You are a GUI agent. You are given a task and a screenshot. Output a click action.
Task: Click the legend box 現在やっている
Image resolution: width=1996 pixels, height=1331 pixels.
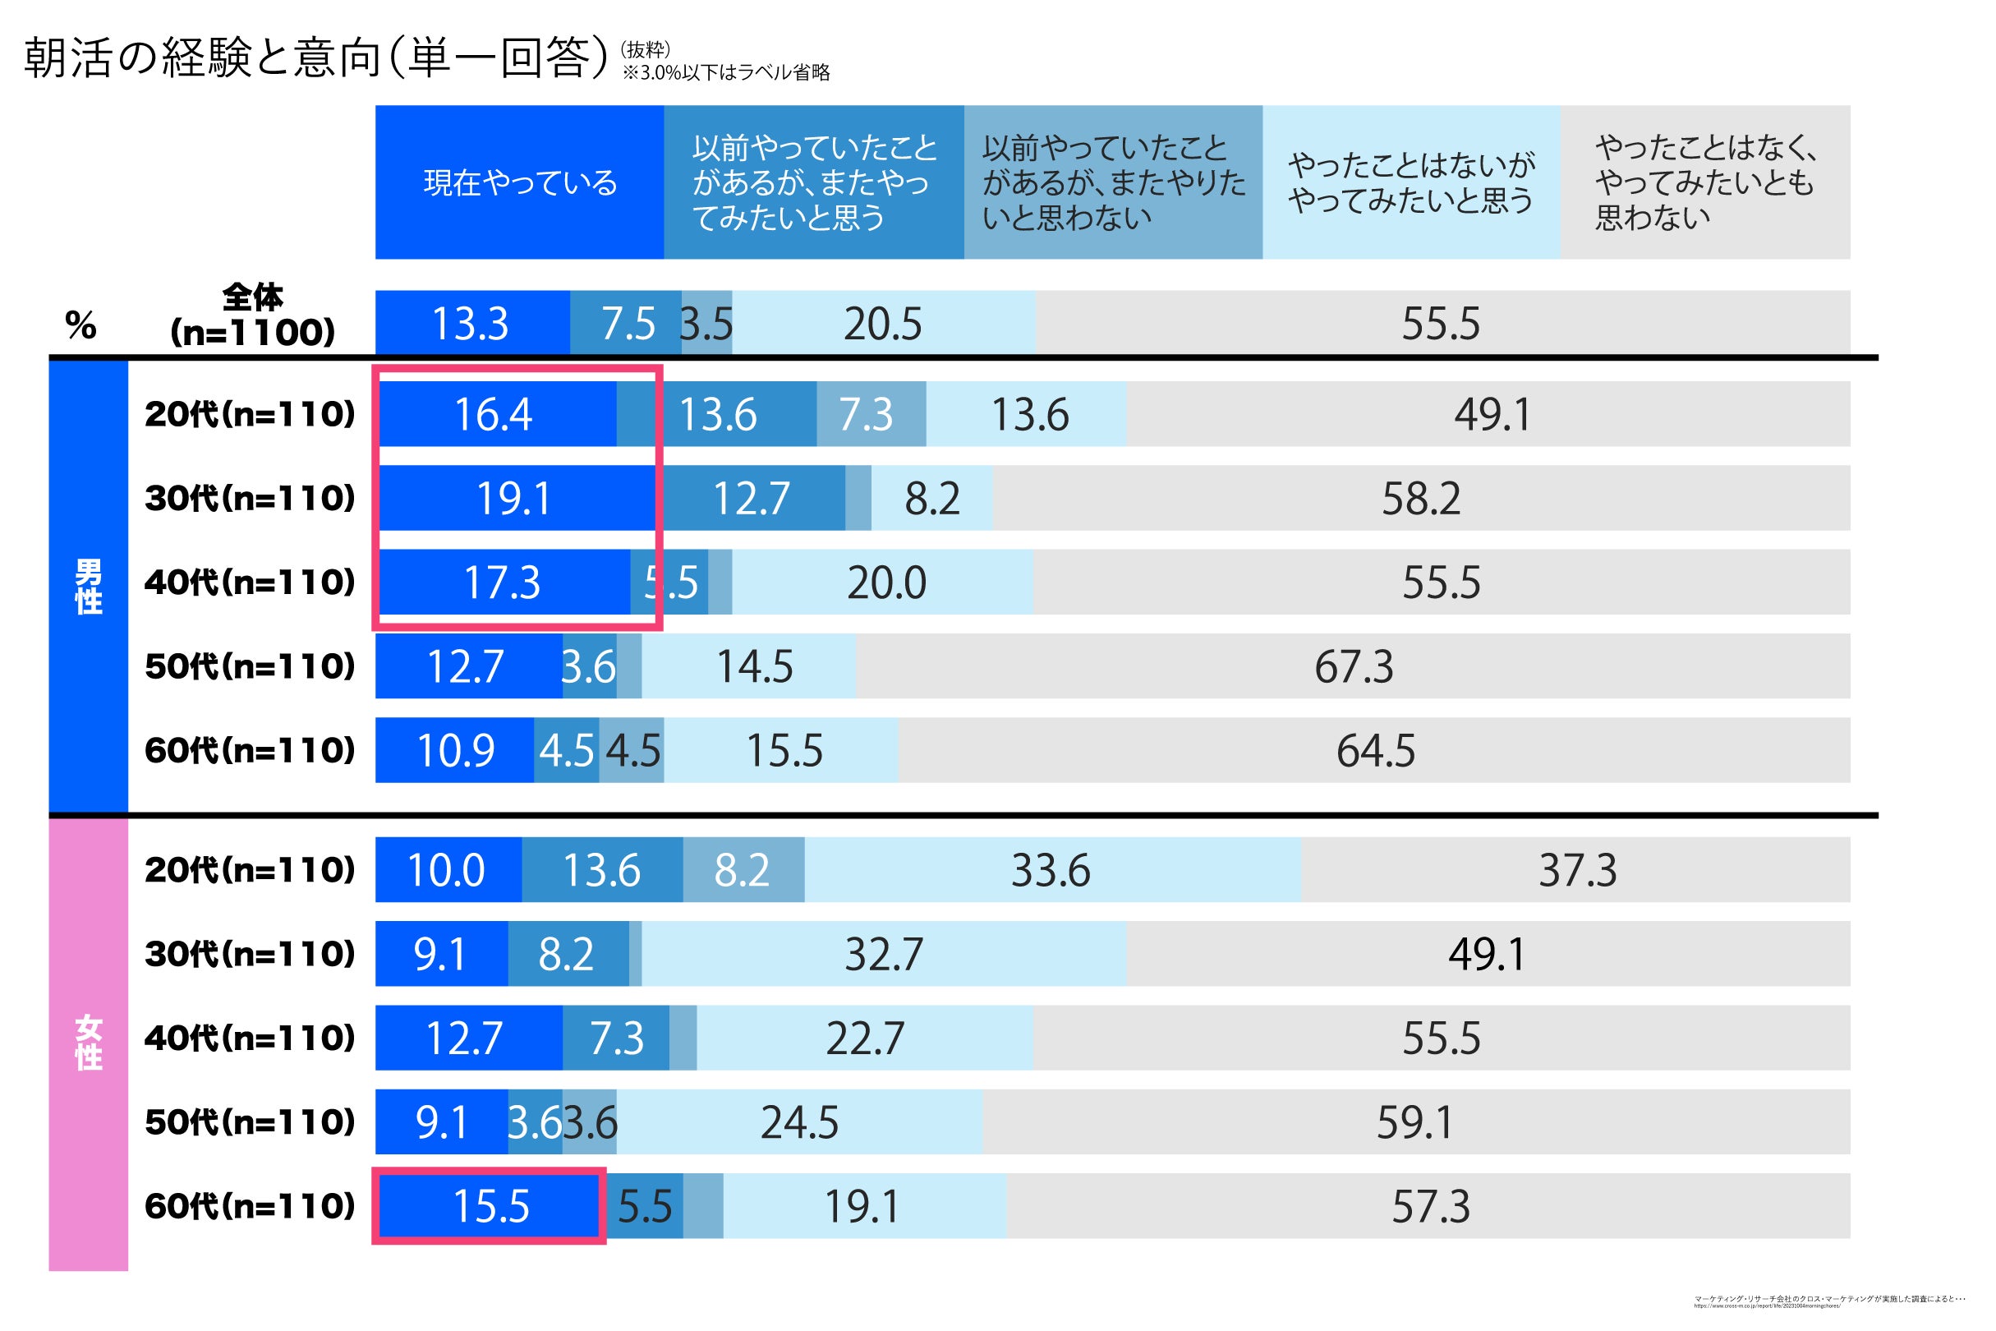(x=519, y=182)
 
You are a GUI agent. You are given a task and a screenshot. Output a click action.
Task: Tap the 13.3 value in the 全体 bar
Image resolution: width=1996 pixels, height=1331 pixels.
(x=470, y=324)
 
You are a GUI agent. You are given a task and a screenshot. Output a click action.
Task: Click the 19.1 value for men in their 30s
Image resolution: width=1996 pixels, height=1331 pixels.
(x=514, y=498)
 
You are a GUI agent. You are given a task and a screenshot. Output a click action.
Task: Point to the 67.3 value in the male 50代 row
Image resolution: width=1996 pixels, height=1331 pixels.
(x=1354, y=666)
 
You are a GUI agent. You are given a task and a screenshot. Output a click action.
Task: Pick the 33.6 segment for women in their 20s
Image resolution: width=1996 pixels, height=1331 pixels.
(x=1051, y=870)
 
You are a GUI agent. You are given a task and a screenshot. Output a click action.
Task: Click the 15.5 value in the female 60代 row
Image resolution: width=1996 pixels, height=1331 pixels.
(x=491, y=1206)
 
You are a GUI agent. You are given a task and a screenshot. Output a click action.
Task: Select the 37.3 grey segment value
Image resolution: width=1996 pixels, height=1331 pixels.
(x=1578, y=870)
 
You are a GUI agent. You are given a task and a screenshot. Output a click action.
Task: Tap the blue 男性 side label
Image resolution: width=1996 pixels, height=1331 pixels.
(x=88, y=586)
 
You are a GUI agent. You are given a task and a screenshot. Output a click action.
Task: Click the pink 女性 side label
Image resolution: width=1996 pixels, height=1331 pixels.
(x=88, y=1043)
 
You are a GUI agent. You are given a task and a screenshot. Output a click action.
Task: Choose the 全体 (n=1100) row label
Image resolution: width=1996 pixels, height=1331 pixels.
(x=252, y=315)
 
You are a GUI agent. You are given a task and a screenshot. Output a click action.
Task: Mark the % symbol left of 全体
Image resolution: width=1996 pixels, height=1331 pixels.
(x=80, y=325)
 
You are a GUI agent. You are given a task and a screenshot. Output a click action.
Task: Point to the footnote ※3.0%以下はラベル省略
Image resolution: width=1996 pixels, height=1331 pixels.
(x=726, y=73)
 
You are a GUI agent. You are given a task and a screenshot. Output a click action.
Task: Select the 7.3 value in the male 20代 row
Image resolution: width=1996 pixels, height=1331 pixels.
(x=866, y=414)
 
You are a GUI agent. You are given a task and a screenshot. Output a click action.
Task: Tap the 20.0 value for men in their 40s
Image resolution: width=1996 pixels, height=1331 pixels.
(x=886, y=583)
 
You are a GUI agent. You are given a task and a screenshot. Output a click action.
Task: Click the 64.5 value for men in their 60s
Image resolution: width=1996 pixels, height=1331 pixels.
(x=1376, y=750)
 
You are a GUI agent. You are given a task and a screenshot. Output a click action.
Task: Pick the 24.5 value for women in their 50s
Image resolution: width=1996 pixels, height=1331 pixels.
(x=799, y=1122)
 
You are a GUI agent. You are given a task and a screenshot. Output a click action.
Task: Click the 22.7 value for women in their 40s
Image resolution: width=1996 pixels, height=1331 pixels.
(x=865, y=1039)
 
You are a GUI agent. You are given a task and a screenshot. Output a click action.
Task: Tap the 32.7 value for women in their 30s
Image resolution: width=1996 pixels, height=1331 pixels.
(x=884, y=954)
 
